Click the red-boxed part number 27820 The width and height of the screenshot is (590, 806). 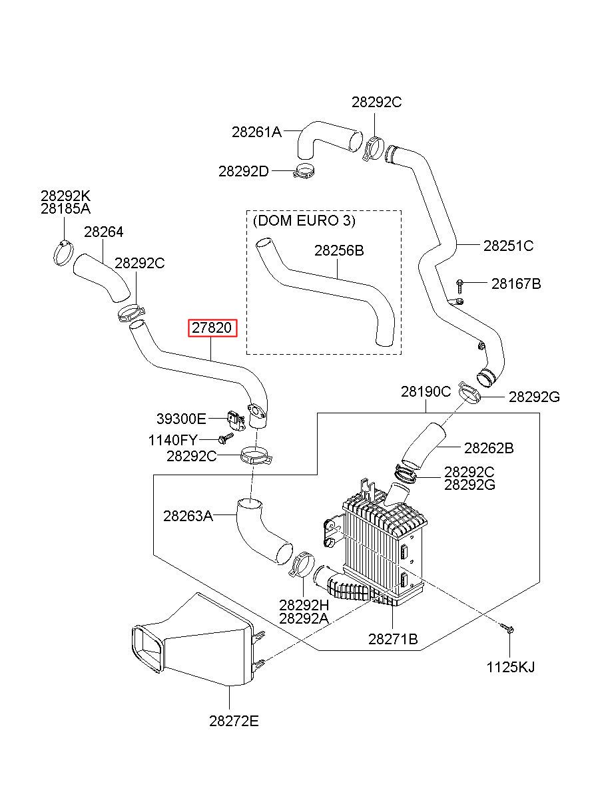point(212,328)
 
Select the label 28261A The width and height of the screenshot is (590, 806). point(256,132)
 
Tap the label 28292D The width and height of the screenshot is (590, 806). point(244,171)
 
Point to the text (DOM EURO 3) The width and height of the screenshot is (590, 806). point(304,220)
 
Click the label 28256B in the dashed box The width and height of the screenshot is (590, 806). point(339,250)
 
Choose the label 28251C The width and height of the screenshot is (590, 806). point(508,246)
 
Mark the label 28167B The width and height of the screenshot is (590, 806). point(516,284)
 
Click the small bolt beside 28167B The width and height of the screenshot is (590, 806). point(459,286)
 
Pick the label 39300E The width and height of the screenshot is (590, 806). point(181,419)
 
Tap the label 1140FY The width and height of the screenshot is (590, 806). point(173,440)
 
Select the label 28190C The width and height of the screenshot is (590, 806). point(426,391)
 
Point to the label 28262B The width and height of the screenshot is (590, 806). point(489,448)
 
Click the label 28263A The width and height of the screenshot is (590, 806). point(188,516)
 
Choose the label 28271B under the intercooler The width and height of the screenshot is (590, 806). point(393,639)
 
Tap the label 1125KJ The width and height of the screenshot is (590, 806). point(511,667)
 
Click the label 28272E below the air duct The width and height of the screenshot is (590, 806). point(234,721)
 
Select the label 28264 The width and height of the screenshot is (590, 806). point(104,232)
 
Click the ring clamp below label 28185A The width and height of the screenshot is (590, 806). point(63,254)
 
